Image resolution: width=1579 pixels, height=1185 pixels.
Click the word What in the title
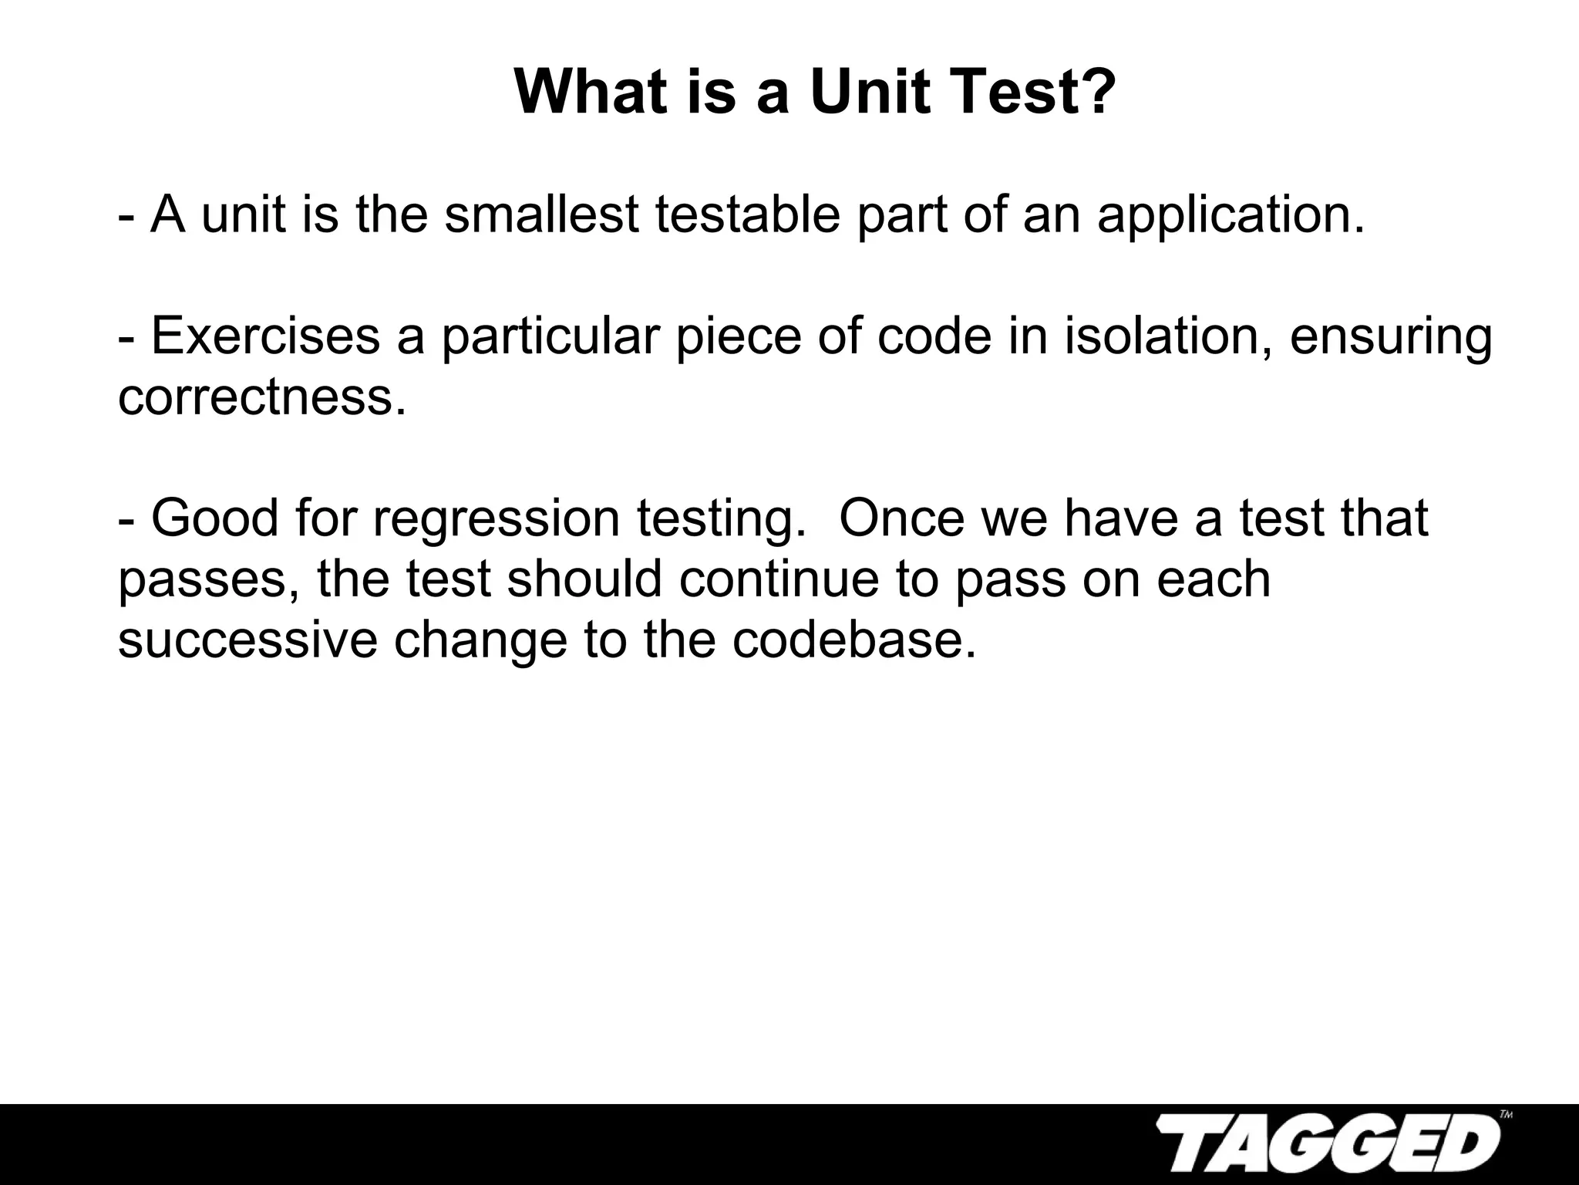point(591,93)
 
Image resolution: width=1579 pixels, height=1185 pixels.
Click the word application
point(1230,216)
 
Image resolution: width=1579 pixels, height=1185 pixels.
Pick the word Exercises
point(266,336)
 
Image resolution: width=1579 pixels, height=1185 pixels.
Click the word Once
point(901,518)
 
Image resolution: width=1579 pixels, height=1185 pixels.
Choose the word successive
point(247,640)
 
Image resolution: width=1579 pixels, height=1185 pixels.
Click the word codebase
point(854,640)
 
